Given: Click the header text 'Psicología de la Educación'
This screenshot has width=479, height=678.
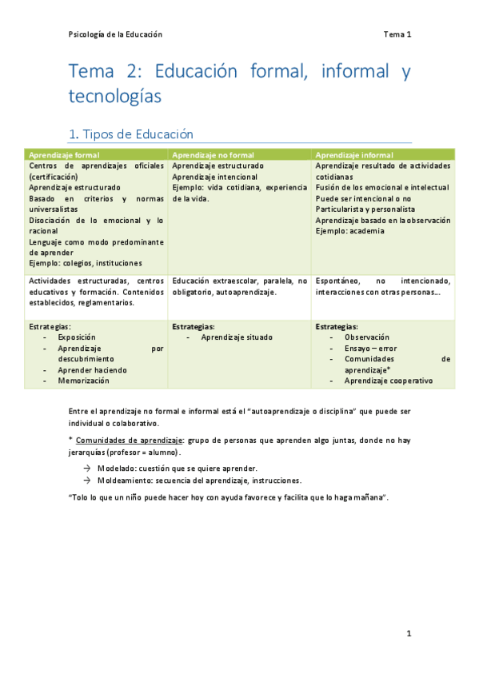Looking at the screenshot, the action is coord(115,34).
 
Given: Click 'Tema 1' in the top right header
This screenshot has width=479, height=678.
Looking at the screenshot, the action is coord(397,34).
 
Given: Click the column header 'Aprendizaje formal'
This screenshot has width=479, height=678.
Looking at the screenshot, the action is coord(64,154).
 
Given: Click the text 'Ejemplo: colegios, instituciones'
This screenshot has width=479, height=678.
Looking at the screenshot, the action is coord(86,263).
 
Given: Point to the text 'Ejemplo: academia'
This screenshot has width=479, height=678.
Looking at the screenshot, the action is coord(349,231).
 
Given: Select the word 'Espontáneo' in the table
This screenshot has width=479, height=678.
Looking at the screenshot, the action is coord(337,281).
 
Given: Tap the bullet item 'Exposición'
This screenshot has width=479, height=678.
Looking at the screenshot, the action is coord(77,337).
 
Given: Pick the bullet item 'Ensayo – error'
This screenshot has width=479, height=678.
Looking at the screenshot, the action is coord(370,349).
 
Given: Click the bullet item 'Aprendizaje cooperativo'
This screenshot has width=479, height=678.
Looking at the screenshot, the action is coord(389,381).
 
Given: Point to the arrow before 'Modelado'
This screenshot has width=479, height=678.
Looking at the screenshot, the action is coord(86,468).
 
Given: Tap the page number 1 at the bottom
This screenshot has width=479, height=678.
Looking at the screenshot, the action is coord(408,634).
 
